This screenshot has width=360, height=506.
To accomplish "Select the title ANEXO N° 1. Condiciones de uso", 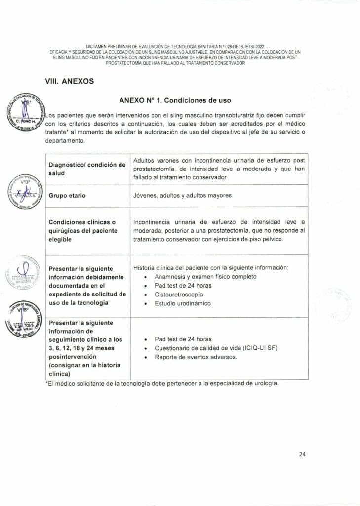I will click(175, 100).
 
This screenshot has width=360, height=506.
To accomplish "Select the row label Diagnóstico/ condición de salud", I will click(86, 169).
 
